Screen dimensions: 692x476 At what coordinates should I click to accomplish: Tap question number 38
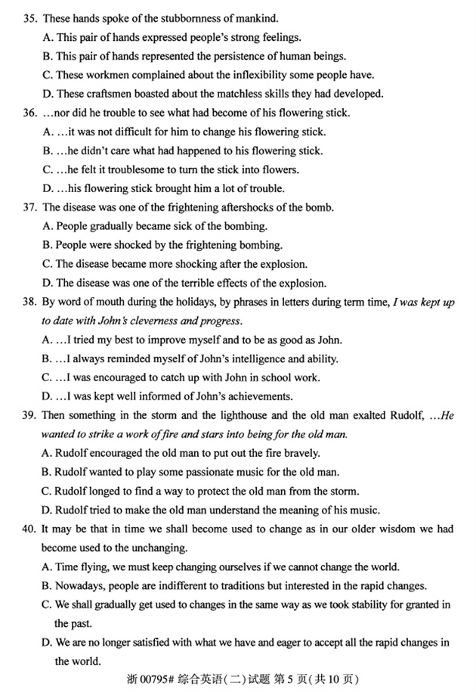click(30, 303)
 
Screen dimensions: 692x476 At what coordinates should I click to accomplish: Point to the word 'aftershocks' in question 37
click(252, 207)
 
